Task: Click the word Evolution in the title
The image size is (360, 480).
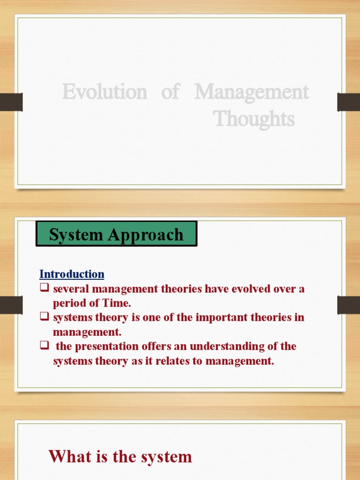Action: click(x=104, y=92)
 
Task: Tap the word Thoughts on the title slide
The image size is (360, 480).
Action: click(x=255, y=119)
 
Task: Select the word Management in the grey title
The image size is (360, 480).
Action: click(x=252, y=92)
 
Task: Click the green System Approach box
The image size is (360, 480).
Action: click(x=116, y=234)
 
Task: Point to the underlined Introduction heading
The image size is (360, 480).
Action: click(x=72, y=274)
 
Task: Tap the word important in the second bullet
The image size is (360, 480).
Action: click(x=223, y=317)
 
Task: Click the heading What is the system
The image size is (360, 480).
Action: click(x=120, y=456)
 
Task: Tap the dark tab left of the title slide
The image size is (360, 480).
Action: click(x=11, y=102)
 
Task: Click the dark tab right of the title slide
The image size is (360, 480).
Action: click(x=348, y=102)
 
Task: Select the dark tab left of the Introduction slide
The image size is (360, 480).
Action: click(x=11, y=305)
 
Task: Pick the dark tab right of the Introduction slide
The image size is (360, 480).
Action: click(x=348, y=305)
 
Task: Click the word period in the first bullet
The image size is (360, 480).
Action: click(x=69, y=303)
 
